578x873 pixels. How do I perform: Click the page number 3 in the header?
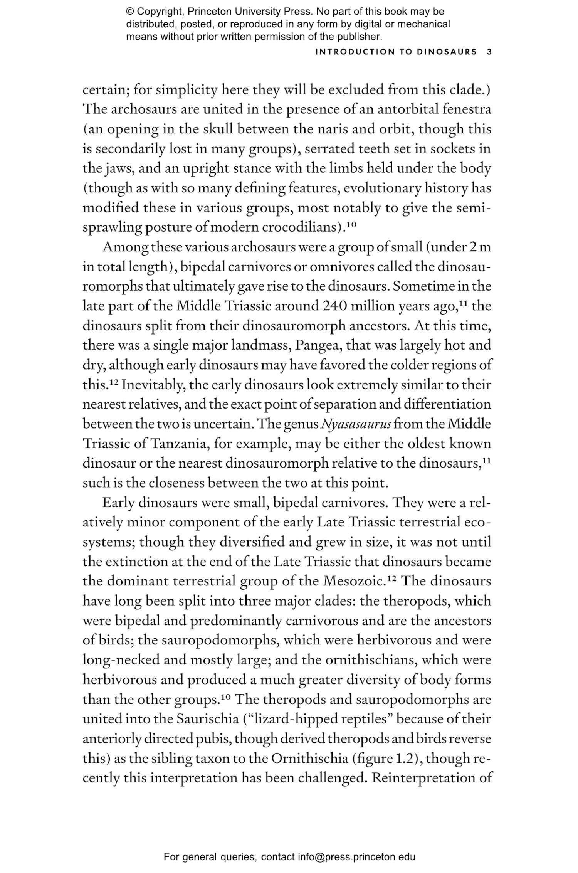tap(489, 52)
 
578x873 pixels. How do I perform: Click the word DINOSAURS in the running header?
tap(447, 52)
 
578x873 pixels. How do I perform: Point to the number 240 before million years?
tap(334, 306)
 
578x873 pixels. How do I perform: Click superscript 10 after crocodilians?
tap(351, 225)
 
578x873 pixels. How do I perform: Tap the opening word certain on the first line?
tap(106, 89)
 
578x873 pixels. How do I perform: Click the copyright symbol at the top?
tap(129, 12)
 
